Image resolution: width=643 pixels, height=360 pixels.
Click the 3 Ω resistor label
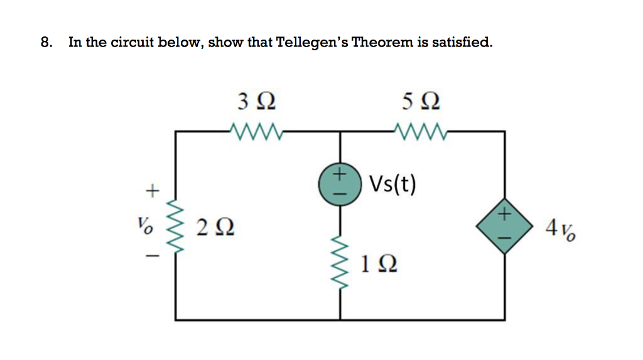pos(257,101)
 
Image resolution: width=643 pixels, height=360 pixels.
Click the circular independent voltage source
pos(340,182)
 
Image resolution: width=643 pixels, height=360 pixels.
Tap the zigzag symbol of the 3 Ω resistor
pos(257,131)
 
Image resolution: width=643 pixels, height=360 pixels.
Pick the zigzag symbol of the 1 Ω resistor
pos(340,261)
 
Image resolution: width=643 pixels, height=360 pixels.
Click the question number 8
pos(45,43)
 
